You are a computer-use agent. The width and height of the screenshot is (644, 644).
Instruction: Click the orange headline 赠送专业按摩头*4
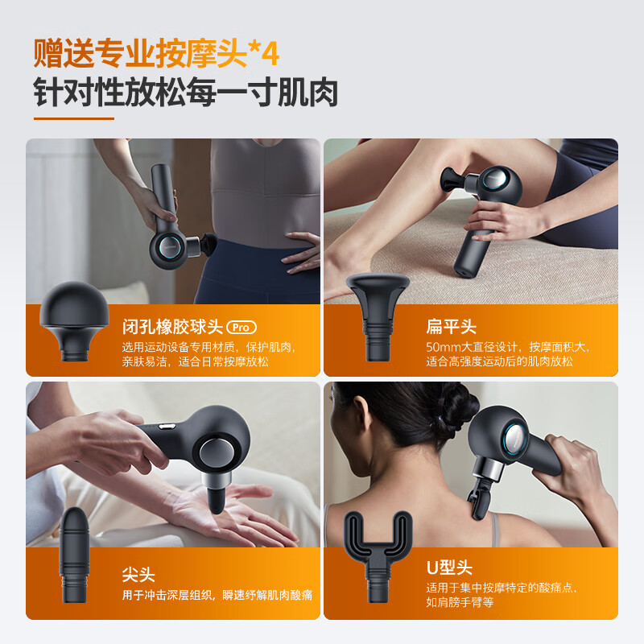click(x=156, y=53)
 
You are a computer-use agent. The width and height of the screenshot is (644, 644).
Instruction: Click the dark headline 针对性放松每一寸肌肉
click(x=186, y=92)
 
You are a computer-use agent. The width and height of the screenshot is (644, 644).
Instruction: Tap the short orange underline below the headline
click(x=74, y=118)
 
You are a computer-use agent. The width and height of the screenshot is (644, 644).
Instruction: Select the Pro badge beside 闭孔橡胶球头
click(x=242, y=328)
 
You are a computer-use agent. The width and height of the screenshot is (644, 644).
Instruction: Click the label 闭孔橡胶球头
click(x=172, y=327)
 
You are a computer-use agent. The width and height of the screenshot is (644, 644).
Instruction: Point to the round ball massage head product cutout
click(x=74, y=321)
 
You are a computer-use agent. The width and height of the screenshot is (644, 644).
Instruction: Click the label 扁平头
click(x=451, y=327)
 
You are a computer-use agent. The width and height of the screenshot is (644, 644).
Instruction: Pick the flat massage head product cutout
click(x=378, y=317)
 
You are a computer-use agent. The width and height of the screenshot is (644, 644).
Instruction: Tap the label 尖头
click(x=138, y=575)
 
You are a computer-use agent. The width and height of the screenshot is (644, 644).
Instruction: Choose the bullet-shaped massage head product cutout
click(x=74, y=555)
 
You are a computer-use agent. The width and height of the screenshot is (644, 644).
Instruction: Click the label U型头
click(x=449, y=568)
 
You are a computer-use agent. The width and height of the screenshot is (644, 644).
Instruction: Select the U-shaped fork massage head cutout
click(x=378, y=557)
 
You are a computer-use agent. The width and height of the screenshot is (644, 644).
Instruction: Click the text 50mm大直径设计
click(x=472, y=347)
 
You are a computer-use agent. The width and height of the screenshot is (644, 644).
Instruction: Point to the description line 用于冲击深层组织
click(x=167, y=595)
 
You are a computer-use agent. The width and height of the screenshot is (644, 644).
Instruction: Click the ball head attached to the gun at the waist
click(x=209, y=245)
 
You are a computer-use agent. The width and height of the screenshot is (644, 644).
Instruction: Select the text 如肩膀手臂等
click(x=460, y=602)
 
